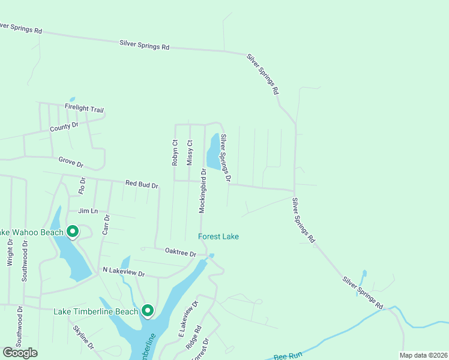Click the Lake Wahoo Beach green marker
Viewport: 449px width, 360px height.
(x=73, y=231)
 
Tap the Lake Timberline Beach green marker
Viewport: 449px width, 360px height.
(x=147, y=310)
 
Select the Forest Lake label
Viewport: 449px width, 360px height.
(x=218, y=236)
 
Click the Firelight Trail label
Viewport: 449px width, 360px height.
(x=84, y=109)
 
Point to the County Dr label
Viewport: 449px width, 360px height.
(x=64, y=127)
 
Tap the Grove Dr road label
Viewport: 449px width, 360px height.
(x=71, y=162)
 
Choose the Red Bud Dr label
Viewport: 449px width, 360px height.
(x=141, y=184)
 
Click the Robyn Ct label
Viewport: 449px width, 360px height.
(x=175, y=152)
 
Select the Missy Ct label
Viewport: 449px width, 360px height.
(x=190, y=152)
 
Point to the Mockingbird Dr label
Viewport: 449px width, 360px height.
(x=203, y=191)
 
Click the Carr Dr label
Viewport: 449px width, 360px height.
(x=106, y=223)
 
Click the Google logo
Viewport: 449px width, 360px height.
(x=20, y=353)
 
